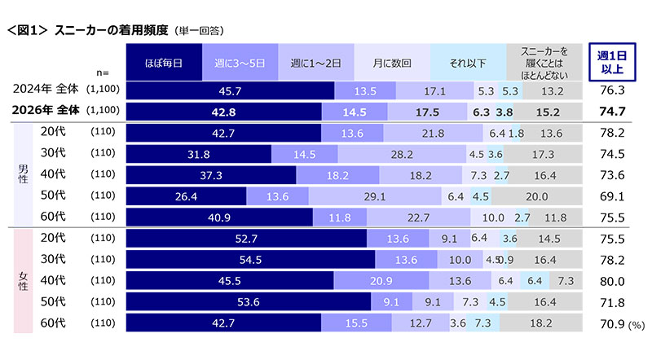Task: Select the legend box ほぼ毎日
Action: click(x=164, y=62)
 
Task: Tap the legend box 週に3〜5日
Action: click(x=240, y=62)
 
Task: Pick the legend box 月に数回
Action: click(x=390, y=62)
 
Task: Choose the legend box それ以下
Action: click(x=467, y=62)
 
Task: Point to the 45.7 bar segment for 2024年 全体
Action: click(x=230, y=90)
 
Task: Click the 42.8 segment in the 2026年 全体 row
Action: click(x=223, y=111)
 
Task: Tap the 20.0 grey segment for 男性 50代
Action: click(x=537, y=195)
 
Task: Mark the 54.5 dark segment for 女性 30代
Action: click(x=250, y=260)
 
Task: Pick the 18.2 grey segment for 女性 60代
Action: click(x=540, y=323)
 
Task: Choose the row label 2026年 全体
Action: click(x=48, y=111)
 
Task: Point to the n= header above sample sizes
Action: click(x=102, y=72)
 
